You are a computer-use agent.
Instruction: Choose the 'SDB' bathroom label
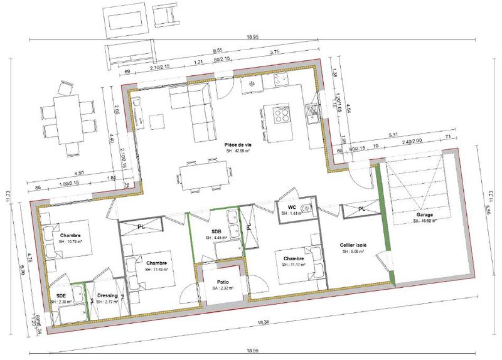tap(217, 231)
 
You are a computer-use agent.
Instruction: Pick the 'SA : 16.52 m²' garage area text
tap(416, 221)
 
